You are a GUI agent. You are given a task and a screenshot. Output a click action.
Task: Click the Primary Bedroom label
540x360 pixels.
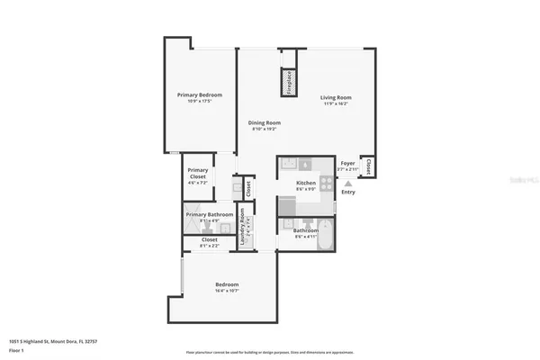pos(199,94)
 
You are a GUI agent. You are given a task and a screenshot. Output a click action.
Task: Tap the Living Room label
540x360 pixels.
pos(336,97)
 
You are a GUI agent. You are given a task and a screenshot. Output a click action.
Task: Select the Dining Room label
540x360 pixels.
pos(265,122)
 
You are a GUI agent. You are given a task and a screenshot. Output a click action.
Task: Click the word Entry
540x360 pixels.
pos(348,191)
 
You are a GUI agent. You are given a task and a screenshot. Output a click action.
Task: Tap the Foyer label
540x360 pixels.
pos(347,163)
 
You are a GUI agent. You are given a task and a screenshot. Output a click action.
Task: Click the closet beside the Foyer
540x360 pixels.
pos(368,166)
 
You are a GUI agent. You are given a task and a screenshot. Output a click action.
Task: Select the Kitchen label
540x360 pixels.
pos(306,183)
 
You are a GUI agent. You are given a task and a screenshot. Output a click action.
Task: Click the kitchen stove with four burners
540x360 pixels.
pos(324,180)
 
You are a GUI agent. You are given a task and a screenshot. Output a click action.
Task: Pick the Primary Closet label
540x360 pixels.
pos(198,173)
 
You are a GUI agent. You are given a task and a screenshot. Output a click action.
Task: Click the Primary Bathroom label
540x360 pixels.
pos(210,214)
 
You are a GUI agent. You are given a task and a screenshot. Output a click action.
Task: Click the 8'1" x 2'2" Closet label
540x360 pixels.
pos(209,240)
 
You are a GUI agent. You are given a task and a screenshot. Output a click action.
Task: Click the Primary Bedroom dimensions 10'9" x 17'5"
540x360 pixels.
pos(199,101)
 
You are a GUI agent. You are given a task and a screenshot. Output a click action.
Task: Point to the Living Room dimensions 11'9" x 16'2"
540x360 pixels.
pos(336,103)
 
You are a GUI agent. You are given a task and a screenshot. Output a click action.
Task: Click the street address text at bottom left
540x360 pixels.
pos(53,342)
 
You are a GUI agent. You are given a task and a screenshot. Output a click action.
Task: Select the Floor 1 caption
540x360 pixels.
pos(17,351)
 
